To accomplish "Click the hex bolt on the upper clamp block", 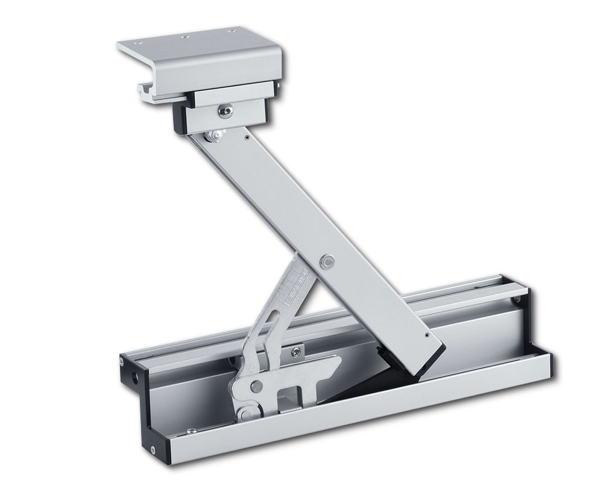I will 224,111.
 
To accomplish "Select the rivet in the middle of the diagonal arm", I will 327,261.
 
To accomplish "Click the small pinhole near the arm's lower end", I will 428,335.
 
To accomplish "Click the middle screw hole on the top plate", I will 185,37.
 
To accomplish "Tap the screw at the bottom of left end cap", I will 152,449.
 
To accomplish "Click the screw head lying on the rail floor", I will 191,431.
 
